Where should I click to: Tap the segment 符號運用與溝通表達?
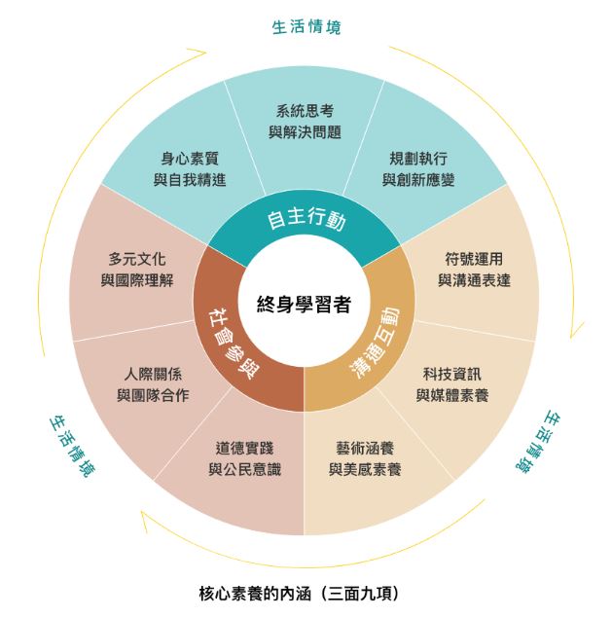click(x=473, y=270)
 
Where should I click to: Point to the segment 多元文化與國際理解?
click(x=137, y=270)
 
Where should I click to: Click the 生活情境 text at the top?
click(x=306, y=27)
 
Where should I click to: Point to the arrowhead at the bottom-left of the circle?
click(x=145, y=518)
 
